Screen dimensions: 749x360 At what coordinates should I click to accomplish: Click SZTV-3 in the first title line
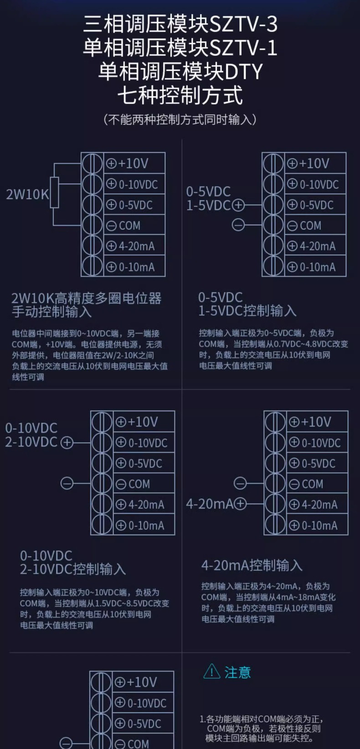click(x=243, y=25)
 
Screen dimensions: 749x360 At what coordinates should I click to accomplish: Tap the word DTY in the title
click(x=244, y=72)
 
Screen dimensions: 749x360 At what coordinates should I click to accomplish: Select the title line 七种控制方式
click(x=180, y=96)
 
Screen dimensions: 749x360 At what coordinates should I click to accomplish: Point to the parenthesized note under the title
click(x=180, y=120)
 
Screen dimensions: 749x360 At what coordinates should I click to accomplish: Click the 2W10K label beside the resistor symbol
click(x=27, y=195)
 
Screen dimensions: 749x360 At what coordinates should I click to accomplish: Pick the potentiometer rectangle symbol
click(x=55, y=192)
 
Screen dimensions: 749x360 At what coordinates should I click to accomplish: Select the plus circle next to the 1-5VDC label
click(x=239, y=205)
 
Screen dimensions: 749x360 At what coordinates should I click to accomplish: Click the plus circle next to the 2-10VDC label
click(x=67, y=442)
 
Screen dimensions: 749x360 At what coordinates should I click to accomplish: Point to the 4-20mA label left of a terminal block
click(x=209, y=504)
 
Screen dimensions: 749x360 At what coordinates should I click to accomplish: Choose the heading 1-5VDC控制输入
click(x=247, y=311)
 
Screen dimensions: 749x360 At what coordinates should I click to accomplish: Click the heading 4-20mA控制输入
click(x=252, y=565)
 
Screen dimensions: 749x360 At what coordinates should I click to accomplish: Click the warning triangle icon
click(x=212, y=671)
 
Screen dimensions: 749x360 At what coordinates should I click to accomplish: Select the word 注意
click(x=237, y=672)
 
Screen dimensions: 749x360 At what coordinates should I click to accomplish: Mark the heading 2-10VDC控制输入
click(x=73, y=569)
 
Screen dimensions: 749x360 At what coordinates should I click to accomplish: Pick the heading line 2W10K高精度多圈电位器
click(x=87, y=298)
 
